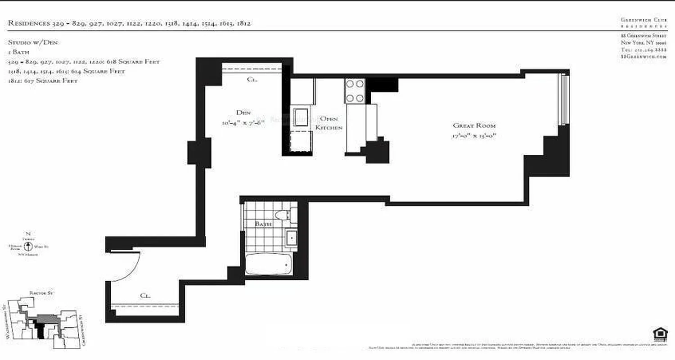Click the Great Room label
pyautogui.click(x=474, y=126)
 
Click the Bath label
pyautogui.click(x=263, y=224)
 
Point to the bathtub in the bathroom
pyautogui.click(x=269, y=264)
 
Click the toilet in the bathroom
pyautogui.click(x=283, y=215)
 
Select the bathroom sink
pyautogui.click(x=291, y=238)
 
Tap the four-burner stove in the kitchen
pyautogui.click(x=355, y=91)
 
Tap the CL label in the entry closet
pyautogui.click(x=144, y=296)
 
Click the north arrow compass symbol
pyautogui.click(x=28, y=246)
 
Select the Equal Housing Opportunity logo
pyautogui.click(x=660, y=335)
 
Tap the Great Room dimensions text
pyautogui.click(x=474, y=136)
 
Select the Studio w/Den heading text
pyautogui.click(x=34, y=42)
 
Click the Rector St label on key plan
pyautogui.click(x=41, y=293)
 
